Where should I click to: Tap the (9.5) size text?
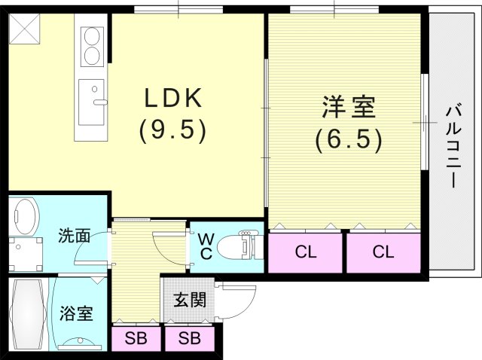click(172, 132)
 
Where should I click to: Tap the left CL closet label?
click(305, 252)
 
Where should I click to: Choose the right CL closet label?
click(383, 252)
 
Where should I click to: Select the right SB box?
click(189, 338)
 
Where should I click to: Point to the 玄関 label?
click(189, 300)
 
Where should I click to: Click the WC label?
click(205, 246)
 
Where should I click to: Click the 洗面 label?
click(74, 236)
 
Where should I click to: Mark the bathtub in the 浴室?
click(27, 313)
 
